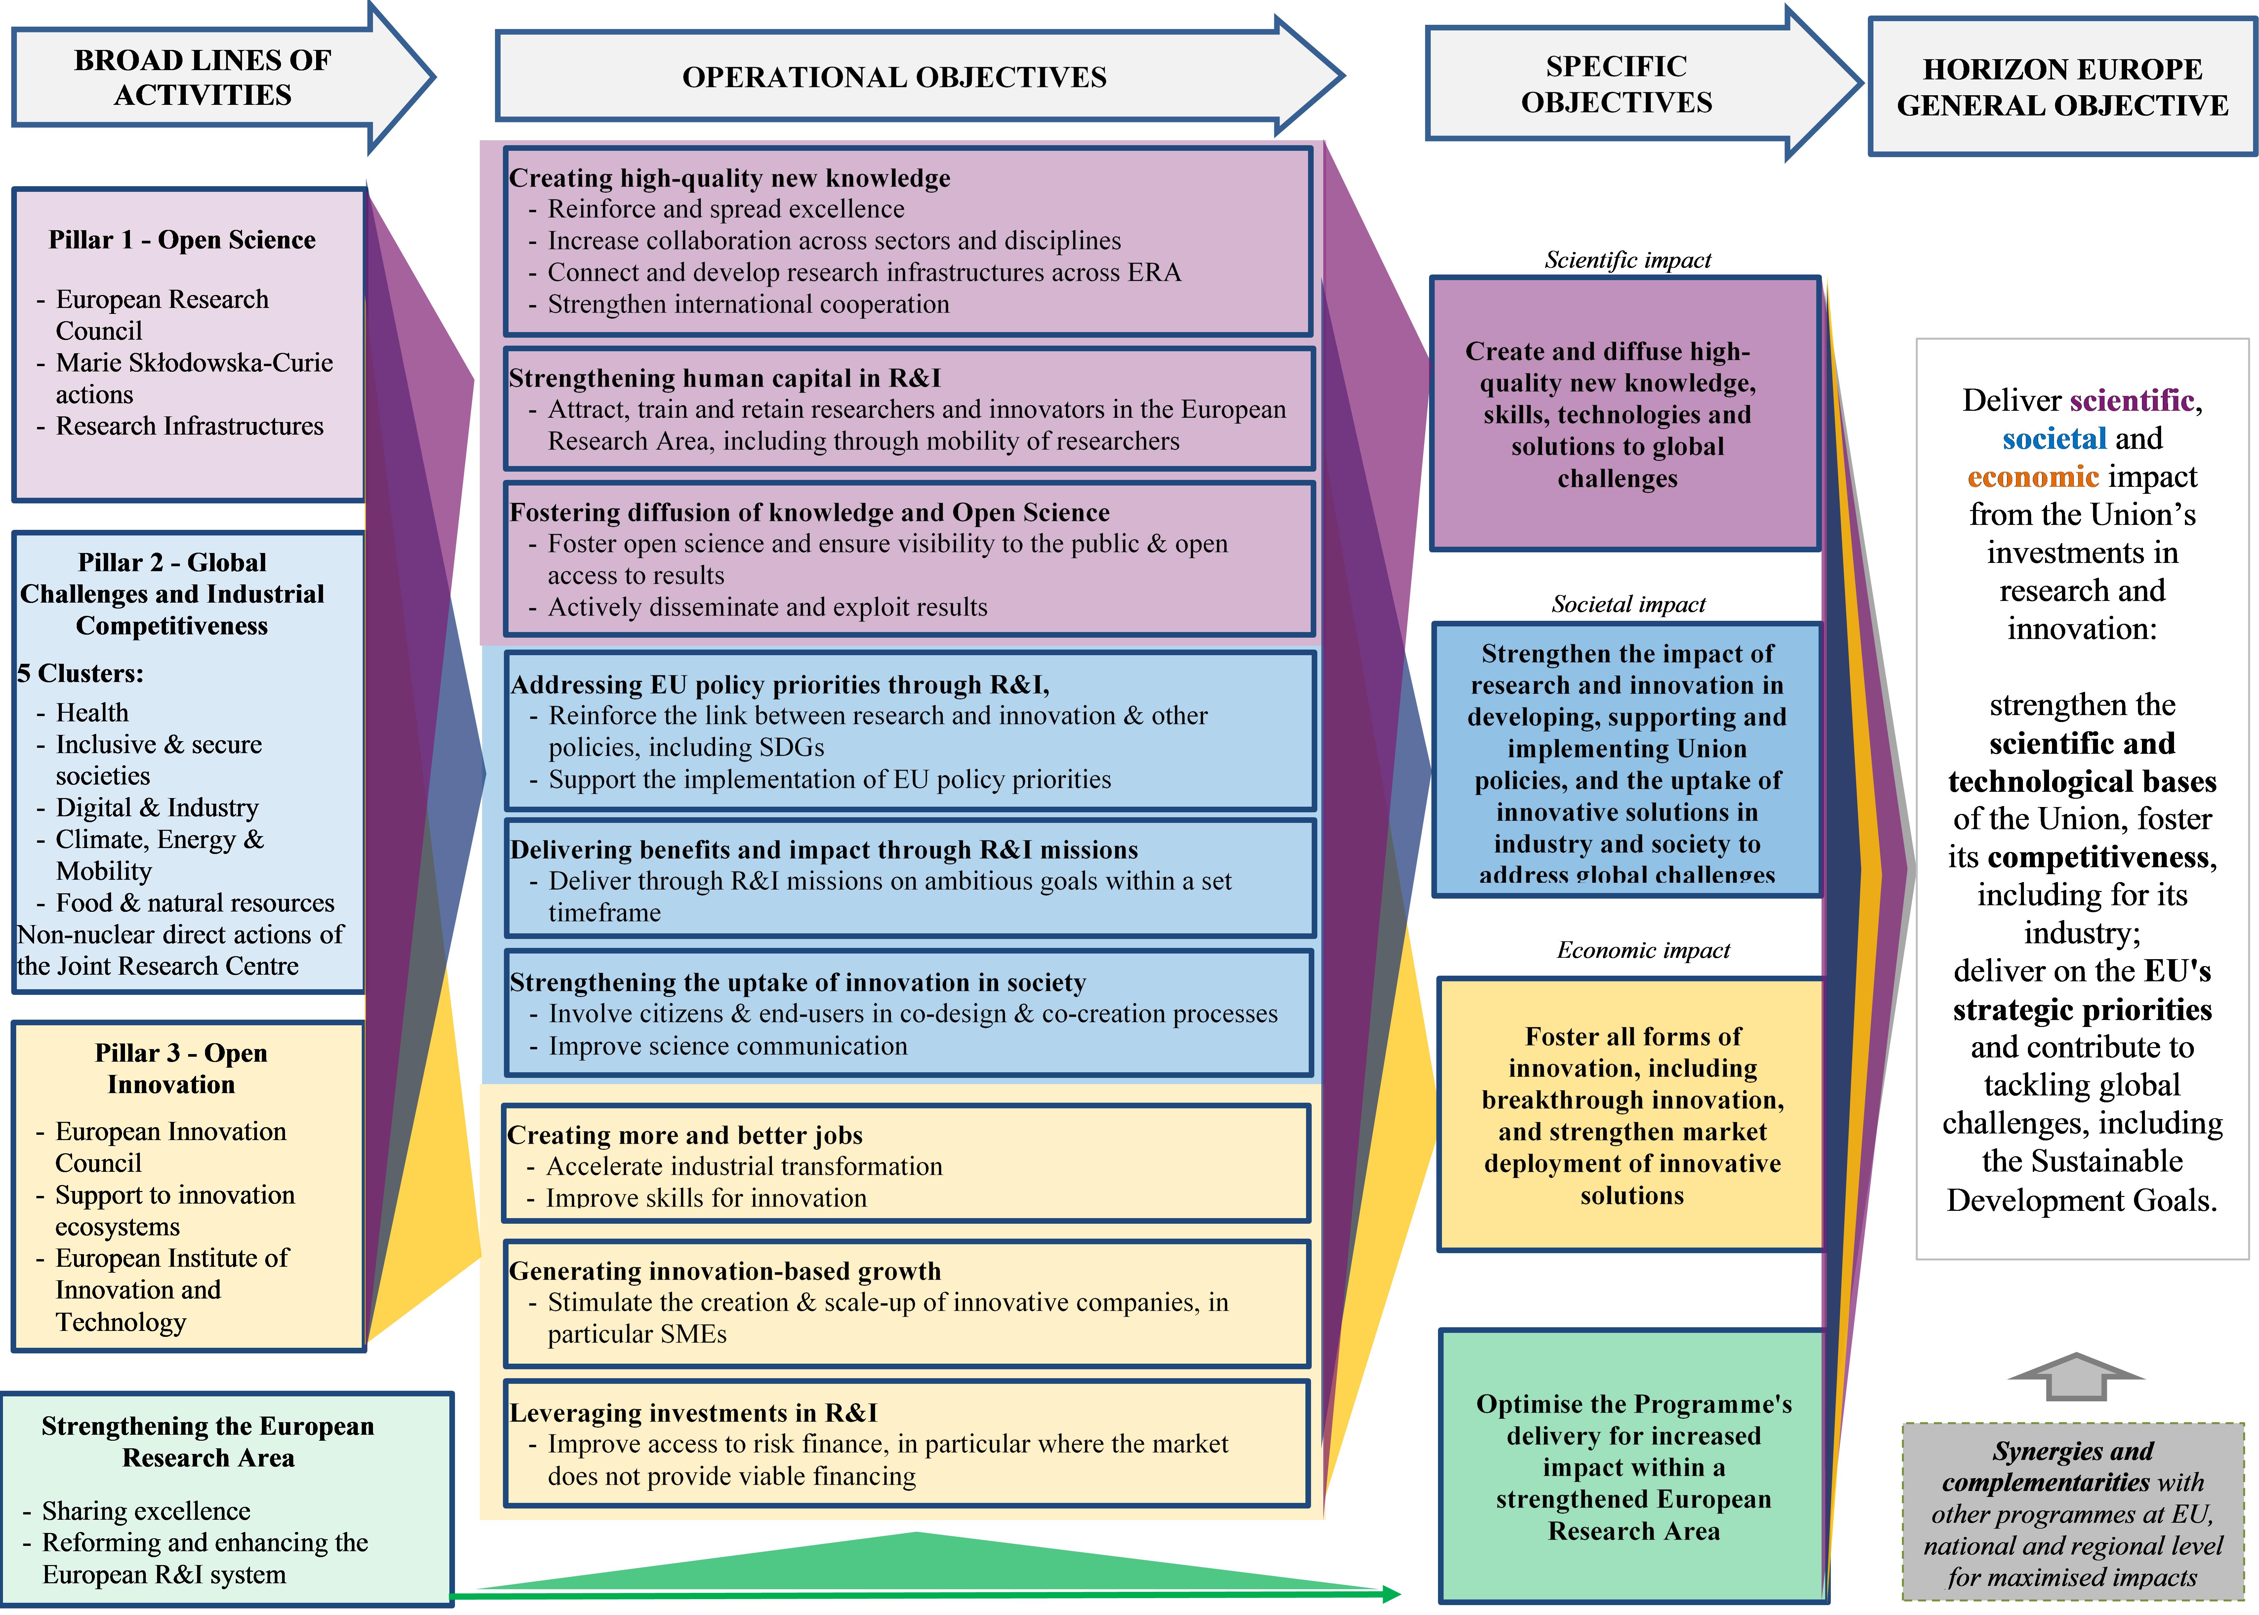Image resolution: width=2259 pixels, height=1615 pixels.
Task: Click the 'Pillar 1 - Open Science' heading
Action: click(182, 240)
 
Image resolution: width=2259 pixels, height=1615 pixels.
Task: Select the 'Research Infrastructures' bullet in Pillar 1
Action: click(189, 426)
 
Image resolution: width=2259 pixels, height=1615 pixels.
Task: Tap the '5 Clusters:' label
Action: click(81, 673)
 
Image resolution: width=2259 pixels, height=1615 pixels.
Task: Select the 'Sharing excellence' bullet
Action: click(145, 1510)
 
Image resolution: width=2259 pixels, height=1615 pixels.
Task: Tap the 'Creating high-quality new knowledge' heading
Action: click(729, 178)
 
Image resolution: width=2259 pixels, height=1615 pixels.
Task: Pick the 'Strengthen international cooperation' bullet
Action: click(748, 304)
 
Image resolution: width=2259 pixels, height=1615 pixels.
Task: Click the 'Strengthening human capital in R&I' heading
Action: click(724, 378)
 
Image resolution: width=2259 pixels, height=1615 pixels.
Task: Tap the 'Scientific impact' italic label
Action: click(1628, 260)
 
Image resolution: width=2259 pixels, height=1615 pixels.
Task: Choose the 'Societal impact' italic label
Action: click(1628, 604)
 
